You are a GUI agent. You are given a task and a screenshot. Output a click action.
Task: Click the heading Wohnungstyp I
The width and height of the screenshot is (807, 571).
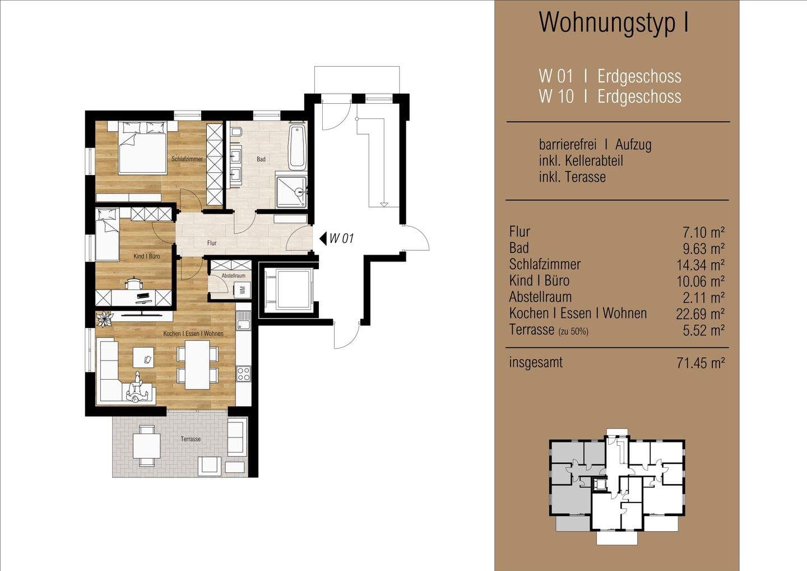(x=614, y=22)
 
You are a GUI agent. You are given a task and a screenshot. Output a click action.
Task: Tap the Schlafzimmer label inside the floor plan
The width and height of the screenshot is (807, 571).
(x=187, y=159)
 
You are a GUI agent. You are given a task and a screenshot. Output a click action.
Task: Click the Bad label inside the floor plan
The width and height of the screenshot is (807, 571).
(x=261, y=159)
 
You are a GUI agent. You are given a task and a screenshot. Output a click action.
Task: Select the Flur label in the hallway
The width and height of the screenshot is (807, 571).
(x=212, y=243)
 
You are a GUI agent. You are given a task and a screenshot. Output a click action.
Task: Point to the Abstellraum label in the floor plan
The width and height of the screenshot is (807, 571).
(x=234, y=275)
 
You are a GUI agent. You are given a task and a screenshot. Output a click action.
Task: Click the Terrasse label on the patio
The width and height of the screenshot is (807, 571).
(x=191, y=439)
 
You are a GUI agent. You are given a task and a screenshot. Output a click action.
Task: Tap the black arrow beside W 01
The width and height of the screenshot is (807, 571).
(x=323, y=238)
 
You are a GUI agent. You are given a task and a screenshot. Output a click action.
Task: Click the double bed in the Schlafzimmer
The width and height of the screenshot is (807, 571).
(x=143, y=148)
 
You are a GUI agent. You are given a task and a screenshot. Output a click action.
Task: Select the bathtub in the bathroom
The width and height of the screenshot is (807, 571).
(x=298, y=148)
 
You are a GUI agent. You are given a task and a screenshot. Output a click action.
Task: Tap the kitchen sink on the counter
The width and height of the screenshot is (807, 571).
(x=244, y=320)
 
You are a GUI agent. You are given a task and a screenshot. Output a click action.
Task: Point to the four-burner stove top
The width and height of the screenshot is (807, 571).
(x=244, y=373)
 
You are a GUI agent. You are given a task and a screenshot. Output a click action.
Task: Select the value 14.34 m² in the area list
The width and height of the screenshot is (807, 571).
(x=701, y=265)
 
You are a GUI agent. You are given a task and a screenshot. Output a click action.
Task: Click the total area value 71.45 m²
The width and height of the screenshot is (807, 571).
(x=701, y=363)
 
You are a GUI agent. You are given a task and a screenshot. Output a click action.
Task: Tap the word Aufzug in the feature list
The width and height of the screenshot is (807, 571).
(x=633, y=145)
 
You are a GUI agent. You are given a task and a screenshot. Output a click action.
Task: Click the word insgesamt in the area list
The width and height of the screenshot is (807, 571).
(x=536, y=362)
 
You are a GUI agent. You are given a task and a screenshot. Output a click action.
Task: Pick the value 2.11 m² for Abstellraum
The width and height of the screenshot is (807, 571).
(x=704, y=298)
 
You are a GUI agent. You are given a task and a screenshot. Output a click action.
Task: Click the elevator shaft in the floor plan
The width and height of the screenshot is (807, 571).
(x=288, y=288)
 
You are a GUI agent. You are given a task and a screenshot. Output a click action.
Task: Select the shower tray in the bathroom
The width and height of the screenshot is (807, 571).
(x=291, y=192)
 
